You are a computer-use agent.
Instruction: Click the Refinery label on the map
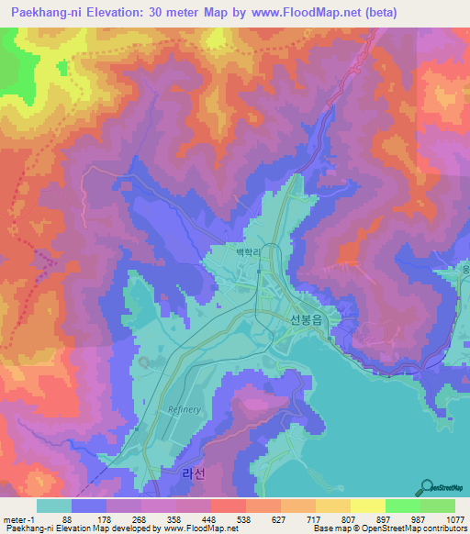coord(185,409)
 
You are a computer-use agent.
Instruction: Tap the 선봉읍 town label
coord(308,319)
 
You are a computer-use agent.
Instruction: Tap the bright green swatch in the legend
coord(402,505)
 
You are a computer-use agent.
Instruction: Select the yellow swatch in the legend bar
coord(367,505)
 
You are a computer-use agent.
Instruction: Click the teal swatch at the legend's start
coord(54,505)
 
